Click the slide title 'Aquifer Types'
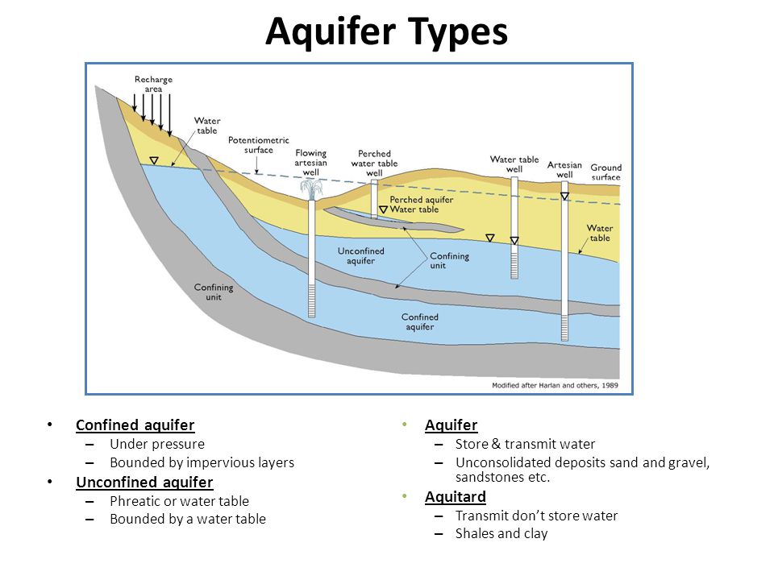point(386,31)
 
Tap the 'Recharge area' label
point(153,84)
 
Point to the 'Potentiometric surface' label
point(259,145)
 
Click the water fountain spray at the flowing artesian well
point(311,188)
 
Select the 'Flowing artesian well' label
point(311,163)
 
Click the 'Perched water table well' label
point(374,164)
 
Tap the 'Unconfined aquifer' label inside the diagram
point(361,255)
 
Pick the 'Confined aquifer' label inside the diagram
point(419,321)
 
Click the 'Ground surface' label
point(605,172)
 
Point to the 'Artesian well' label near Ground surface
point(564,170)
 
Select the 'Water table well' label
point(514,164)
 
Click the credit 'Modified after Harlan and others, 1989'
point(555,385)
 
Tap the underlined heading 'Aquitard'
point(455,497)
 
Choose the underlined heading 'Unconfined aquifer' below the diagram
point(144,482)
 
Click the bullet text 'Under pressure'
point(157,444)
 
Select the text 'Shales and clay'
point(501,533)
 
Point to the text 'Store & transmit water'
point(525,444)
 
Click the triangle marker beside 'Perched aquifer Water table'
point(383,210)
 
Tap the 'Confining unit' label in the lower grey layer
point(213,292)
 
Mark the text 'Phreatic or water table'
point(179,501)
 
